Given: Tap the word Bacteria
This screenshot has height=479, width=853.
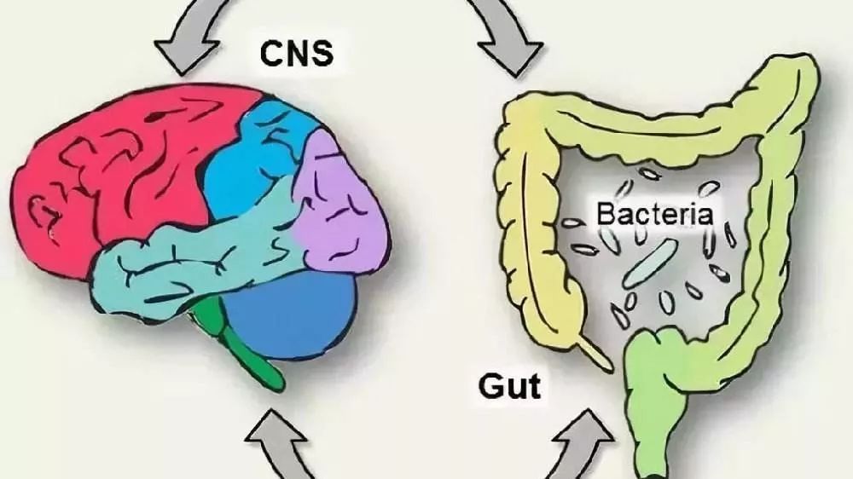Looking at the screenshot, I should click(x=654, y=212).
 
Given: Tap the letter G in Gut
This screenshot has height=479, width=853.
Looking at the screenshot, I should click(x=487, y=387).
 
